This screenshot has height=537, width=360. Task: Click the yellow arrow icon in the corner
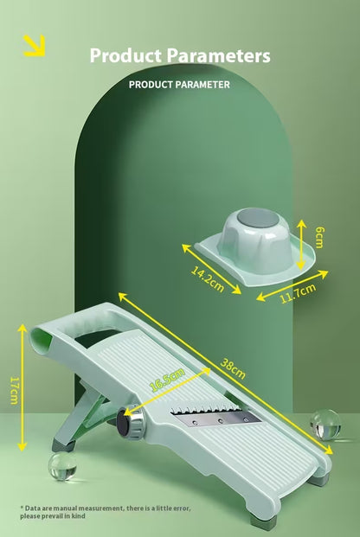pos(34,46)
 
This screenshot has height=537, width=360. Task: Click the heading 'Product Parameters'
pos(180,56)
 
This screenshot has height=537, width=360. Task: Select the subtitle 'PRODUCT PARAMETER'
pos(179,85)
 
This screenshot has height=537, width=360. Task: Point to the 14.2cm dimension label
pos(207,279)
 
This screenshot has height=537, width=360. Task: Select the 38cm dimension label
pos(233,369)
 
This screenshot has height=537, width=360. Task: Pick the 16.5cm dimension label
pos(167,380)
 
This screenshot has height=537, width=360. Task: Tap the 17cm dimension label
pos(13,389)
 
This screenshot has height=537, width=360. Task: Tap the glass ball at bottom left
pos(62,468)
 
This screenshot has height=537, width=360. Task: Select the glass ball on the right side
pos(325,424)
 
